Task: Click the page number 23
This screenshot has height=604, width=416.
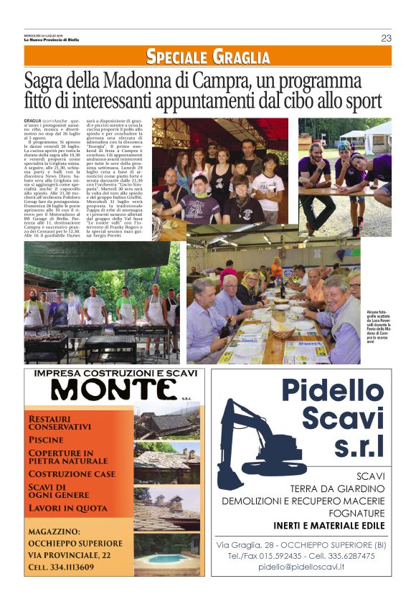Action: [x=386, y=38]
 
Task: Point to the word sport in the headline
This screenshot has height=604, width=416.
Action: [x=362, y=100]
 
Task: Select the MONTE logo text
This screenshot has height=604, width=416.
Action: [x=113, y=390]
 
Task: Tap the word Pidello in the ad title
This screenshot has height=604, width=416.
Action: [x=332, y=392]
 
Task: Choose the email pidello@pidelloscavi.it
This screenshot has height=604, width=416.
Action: [x=301, y=567]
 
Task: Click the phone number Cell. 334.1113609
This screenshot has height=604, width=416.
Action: [x=62, y=567]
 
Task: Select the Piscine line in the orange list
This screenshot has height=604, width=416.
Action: [x=45, y=439]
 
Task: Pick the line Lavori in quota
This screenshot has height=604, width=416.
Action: [x=68, y=508]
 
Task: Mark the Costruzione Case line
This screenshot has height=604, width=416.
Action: [x=72, y=474]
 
